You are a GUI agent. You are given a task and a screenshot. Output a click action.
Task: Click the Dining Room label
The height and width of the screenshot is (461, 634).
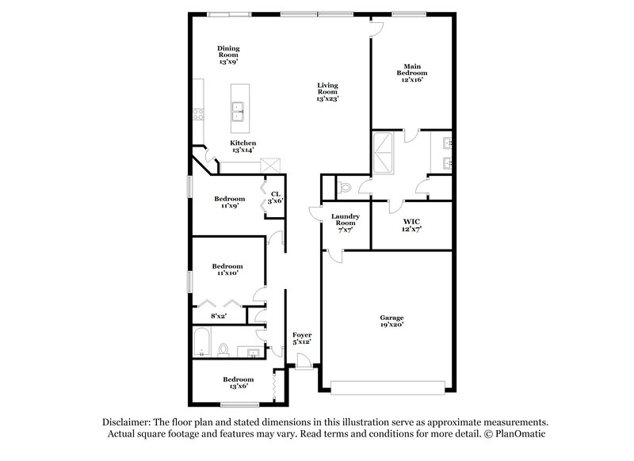pyautogui.click(x=228, y=55)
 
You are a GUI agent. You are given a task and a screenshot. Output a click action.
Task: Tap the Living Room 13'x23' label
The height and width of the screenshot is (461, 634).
pyautogui.click(x=327, y=92)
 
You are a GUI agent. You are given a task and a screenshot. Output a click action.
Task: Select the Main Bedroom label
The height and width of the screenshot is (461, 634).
pyautogui.click(x=411, y=73)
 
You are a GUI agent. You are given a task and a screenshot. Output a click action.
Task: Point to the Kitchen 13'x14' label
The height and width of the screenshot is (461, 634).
pyautogui.click(x=243, y=147)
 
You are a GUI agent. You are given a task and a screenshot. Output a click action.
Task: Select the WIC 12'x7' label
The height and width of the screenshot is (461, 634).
pyautogui.click(x=411, y=224)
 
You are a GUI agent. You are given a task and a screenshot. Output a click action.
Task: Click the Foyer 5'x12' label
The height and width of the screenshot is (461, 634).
pyautogui.click(x=302, y=340)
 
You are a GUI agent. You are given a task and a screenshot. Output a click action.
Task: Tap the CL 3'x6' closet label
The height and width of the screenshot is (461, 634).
pyautogui.click(x=275, y=197)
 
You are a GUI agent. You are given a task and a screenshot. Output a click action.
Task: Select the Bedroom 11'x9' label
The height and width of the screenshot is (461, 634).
pyautogui.click(x=230, y=202)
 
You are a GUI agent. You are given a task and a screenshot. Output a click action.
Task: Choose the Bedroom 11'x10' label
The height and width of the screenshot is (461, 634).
pyautogui.click(x=227, y=269)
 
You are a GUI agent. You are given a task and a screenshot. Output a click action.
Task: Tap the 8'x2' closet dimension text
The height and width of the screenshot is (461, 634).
pyautogui.click(x=220, y=317)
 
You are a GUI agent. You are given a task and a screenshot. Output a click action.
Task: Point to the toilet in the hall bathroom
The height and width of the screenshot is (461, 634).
pyautogui.click(x=224, y=349)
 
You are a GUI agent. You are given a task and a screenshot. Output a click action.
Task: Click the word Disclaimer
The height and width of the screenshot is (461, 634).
pyautogui.click(x=129, y=423)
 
